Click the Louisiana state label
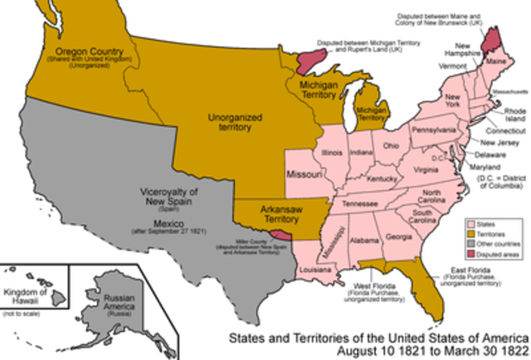pyautogui.click(x=309, y=270)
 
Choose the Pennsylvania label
pyautogui.click(x=435, y=131)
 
